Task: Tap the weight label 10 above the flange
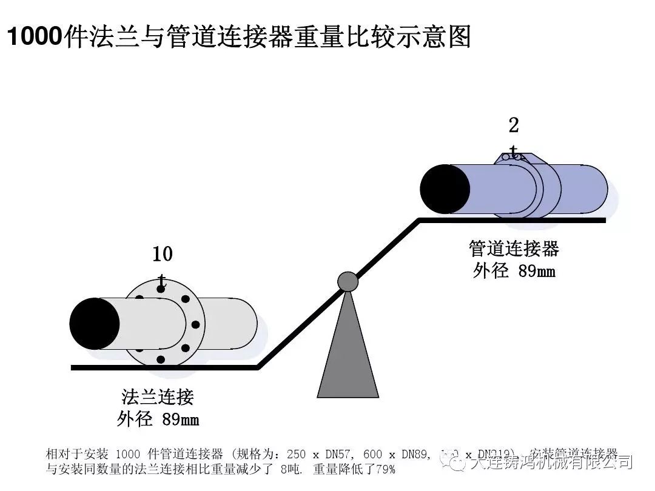coord(162,255)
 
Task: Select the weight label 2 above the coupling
coord(514,125)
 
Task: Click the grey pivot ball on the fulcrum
coord(348,281)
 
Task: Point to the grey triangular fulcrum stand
coord(348,358)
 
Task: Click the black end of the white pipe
coord(95,323)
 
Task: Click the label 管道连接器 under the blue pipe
coord(514,249)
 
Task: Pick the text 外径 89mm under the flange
coord(158,419)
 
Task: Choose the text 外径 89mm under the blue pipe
coord(514,271)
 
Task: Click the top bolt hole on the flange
coord(161,289)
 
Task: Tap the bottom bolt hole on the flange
coord(161,359)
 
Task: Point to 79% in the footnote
coord(385,469)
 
